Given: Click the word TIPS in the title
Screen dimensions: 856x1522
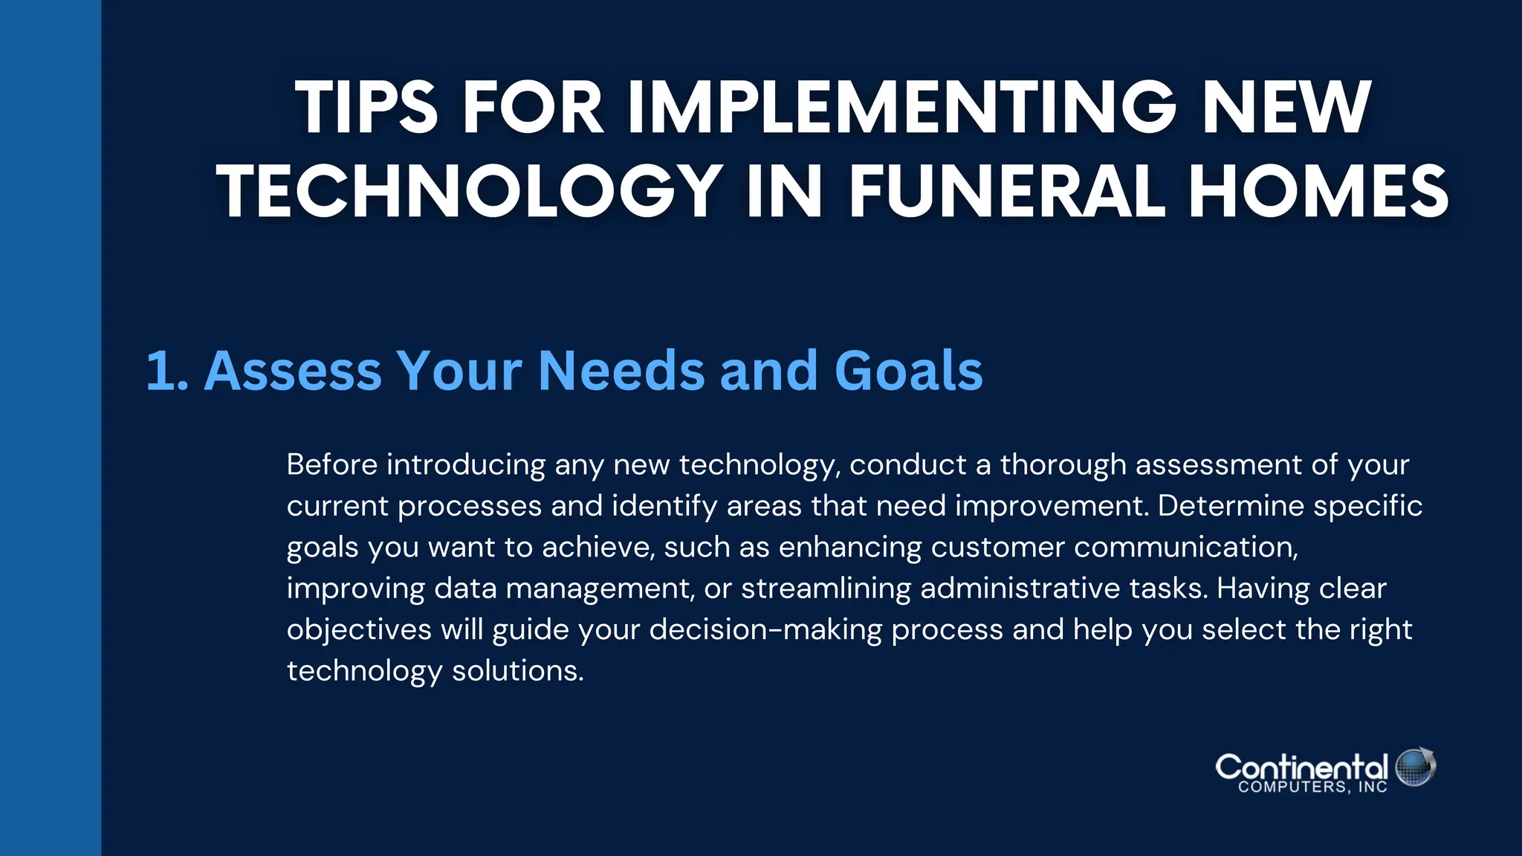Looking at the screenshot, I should (x=366, y=108).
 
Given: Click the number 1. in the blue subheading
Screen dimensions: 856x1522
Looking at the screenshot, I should (x=166, y=370).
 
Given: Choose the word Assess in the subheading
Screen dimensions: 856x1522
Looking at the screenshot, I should (x=292, y=370).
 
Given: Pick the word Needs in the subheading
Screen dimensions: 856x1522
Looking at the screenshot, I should (x=621, y=370).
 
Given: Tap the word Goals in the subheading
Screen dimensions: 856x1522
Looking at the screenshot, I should (x=908, y=370).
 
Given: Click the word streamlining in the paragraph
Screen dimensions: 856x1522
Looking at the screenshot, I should (x=826, y=588).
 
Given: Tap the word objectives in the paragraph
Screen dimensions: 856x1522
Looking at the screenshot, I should (x=359, y=629).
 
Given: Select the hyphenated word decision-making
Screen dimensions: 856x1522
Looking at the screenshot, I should (x=765, y=630).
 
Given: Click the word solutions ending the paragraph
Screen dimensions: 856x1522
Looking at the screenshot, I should (x=517, y=671).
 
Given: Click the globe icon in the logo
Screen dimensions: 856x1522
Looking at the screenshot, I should (x=1415, y=768).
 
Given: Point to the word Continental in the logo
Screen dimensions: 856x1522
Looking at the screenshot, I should (x=1301, y=766).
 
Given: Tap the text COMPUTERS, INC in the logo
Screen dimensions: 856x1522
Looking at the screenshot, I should (x=1312, y=788).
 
